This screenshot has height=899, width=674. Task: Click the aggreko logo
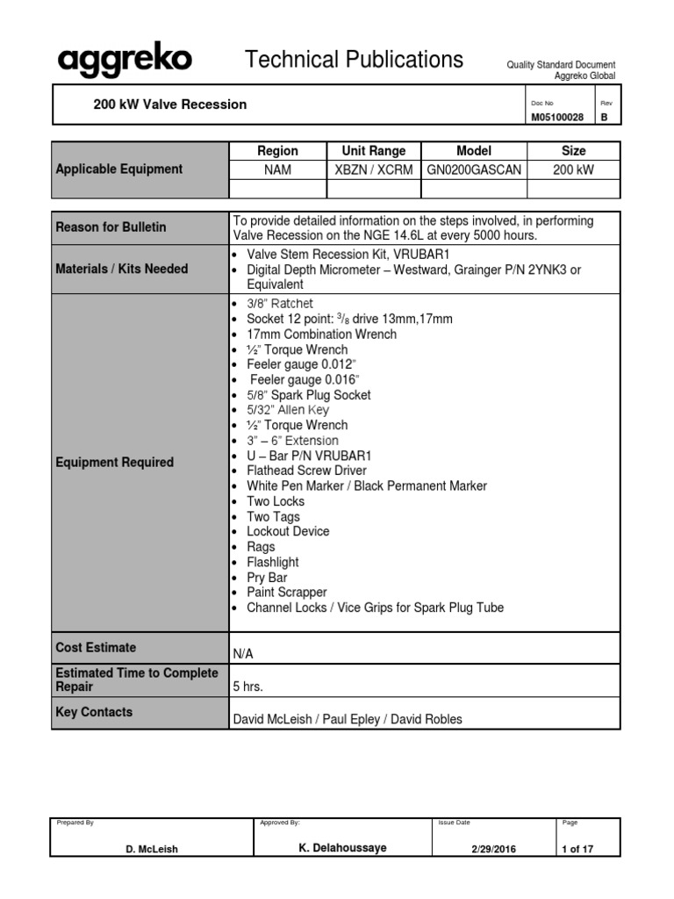pyautogui.click(x=125, y=61)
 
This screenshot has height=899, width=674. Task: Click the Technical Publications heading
pyautogui.click(x=354, y=60)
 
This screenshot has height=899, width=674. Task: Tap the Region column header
pyautogui.click(x=277, y=151)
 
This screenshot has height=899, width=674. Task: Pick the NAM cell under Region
pyautogui.click(x=277, y=169)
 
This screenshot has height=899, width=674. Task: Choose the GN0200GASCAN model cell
pyautogui.click(x=474, y=169)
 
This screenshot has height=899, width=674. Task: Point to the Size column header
pyautogui.click(x=573, y=151)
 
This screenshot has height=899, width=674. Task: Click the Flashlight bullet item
pyautogui.click(x=272, y=562)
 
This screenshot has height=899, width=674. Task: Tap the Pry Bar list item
pyautogui.click(x=267, y=578)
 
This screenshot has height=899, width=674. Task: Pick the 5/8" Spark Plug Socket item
pyautogui.click(x=308, y=395)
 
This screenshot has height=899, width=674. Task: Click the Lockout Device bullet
pyautogui.click(x=288, y=531)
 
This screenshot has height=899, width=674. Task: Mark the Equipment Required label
pyautogui.click(x=115, y=463)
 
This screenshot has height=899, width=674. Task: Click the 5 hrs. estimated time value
pyautogui.click(x=247, y=687)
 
